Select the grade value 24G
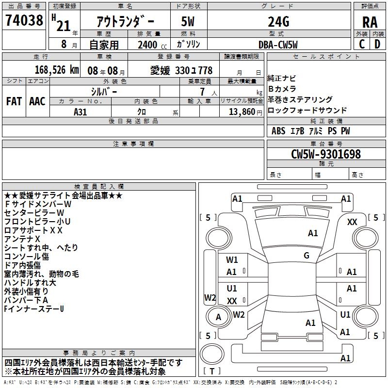[x=278, y=22]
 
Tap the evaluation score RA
[x=370, y=22]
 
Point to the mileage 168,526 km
[x=57, y=70]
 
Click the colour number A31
[x=81, y=112]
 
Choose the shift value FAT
[x=14, y=101]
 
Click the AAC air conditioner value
[x=37, y=101]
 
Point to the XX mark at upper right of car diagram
[x=353, y=222]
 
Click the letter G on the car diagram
[x=307, y=256]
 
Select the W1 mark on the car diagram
[x=232, y=259]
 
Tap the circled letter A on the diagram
[x=218, y=317]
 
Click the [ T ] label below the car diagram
[x=212, y=372]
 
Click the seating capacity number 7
[x=201, y=91]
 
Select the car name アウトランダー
[x=126, y=22]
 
